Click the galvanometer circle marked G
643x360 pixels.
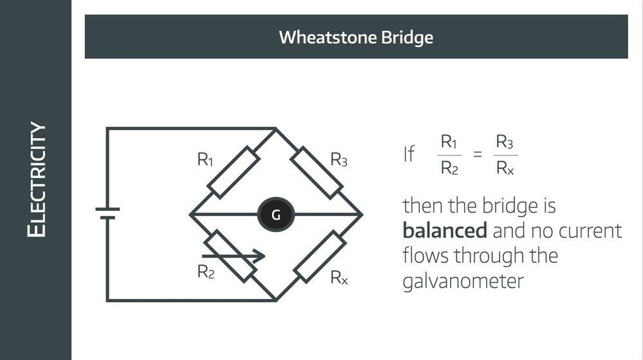pyautogui.click(x=276, y=215)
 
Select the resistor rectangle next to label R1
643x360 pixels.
pyautogui.click(x=233, y=172)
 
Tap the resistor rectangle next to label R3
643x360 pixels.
pyautogui.click(x=318, y=172)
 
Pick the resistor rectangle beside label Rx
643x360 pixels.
pyautogui.click(x=320, y=257)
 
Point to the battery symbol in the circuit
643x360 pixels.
pyautogui.click(x=107, y=213)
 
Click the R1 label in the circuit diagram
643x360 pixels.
pyautogui.click(x=205, y=160)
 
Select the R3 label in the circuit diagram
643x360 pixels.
pyautogui.click(x=339, y=160)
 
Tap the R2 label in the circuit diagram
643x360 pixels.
pyautogui.click(x=205, y=272)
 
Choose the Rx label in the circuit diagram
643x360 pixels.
pyautogui.click(x=339, y=278)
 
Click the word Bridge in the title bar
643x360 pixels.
pyautogui.click(x=405, y=37)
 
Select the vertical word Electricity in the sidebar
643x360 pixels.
pyautogui.click(x=37, y=180)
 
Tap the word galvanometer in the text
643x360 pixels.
pyautogui.click(x=463, y=281)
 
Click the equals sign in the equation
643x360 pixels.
pyautogui.click(x=477, y=155)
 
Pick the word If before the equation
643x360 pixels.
pyautogui.click(x=409, y=155)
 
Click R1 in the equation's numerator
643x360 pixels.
pyautogui.click(x=449, y=141)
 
